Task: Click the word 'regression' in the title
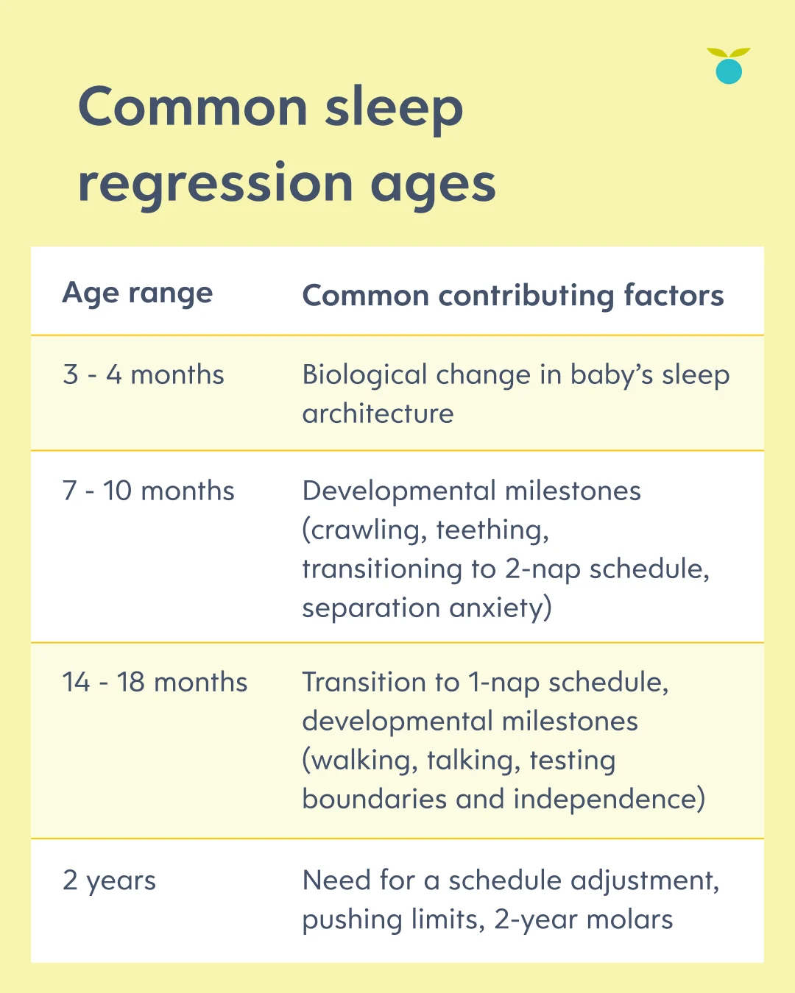[x=216, y=185]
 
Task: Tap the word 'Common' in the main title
[x=193, y=107]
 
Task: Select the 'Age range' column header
[x=137, y=293]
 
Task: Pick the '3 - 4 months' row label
[x=144, y=374]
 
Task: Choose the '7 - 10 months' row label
[x=148, y=490]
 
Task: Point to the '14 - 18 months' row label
[x=155, y=682]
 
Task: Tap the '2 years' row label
[x=109, y=881]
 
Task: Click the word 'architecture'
[x=378, y=413]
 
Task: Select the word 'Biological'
[x=364, y=375]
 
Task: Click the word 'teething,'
[x=492, y=530]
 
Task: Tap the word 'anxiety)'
[x=501, y=608]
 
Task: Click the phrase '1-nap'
[x=504, y=683]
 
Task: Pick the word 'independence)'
[x=609, y=800]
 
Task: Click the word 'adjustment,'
[x=644, y=881]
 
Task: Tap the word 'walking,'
[x=360, y=761]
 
